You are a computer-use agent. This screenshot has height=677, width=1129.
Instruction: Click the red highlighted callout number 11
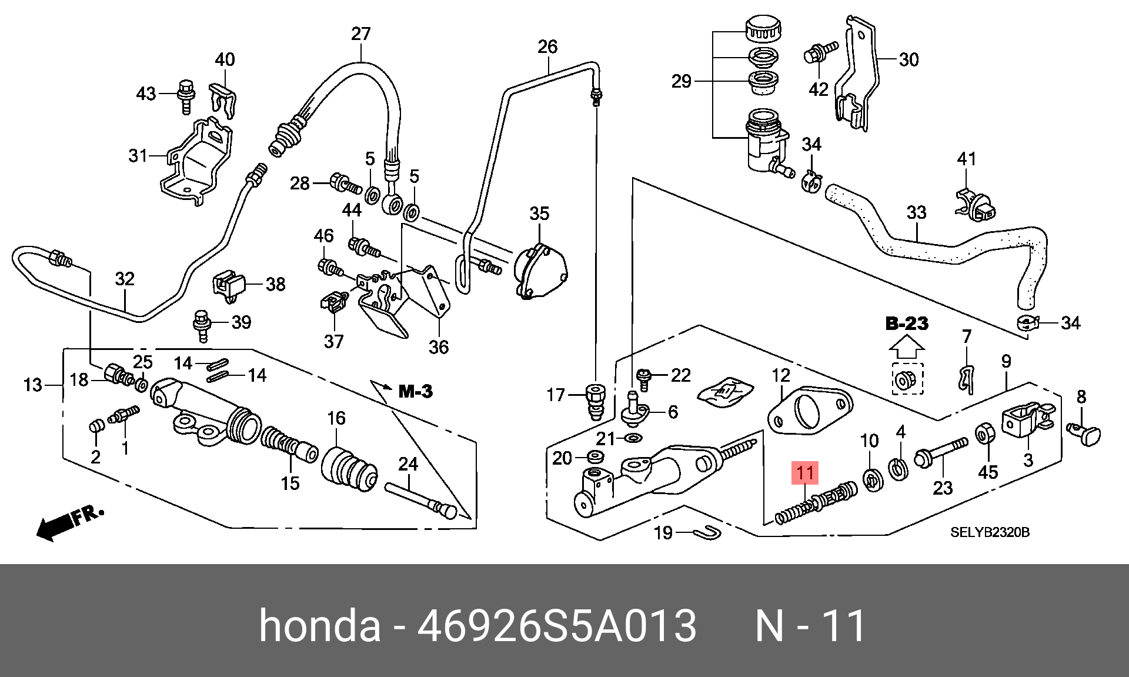click(805, 473)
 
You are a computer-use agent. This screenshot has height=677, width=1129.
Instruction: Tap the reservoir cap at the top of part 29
click(763, 29)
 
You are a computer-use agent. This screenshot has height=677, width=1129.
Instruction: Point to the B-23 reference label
click(907, 324)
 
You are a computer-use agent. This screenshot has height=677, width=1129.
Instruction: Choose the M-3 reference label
click(415, 391)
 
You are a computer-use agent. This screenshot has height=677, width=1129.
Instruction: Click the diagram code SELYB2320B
click(990, 533)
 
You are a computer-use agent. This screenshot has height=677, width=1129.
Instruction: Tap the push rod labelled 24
click(421, 499)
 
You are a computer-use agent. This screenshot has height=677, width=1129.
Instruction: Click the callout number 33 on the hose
click(916, 212)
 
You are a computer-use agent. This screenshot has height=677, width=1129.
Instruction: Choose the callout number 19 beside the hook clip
click(663, 533)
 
